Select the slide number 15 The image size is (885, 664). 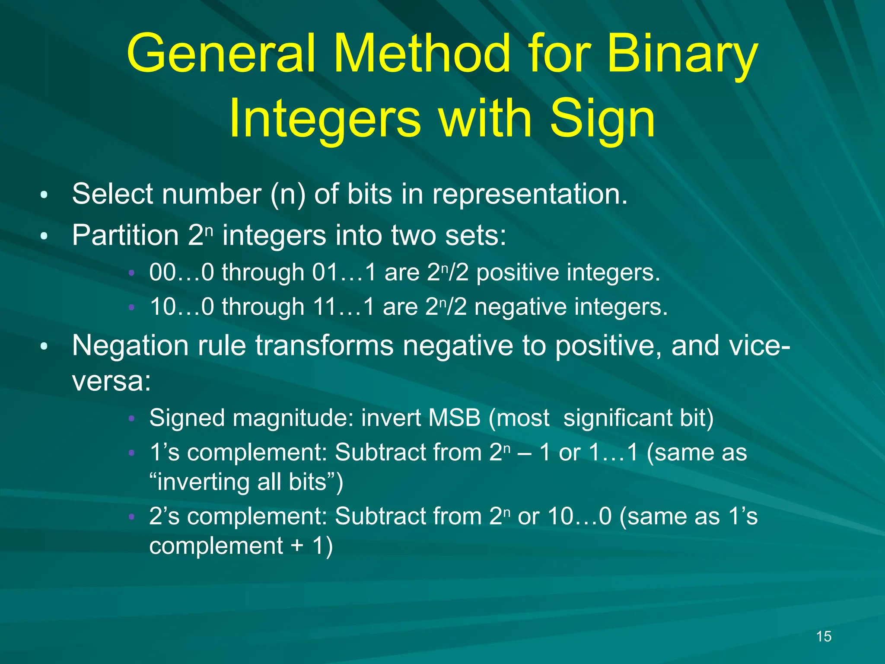pos(824,636)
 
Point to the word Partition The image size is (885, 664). pos(125,236)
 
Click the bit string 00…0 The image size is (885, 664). pos(181,273)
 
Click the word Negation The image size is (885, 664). pos(130,346)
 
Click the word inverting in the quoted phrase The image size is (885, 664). pos(202,482)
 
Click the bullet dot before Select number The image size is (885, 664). pos(44,195)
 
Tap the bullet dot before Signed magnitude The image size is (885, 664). pos(132,418)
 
